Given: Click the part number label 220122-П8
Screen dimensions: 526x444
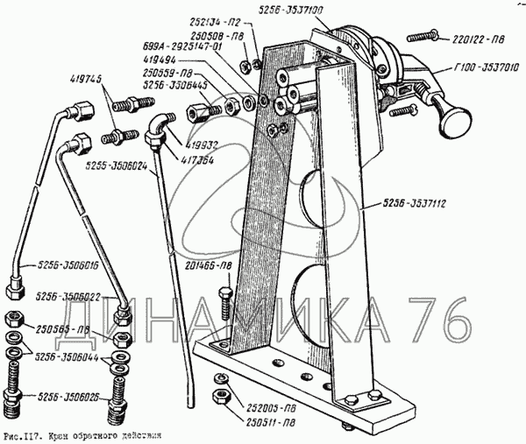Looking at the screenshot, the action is pyautogui.click(x=479, y=39).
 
